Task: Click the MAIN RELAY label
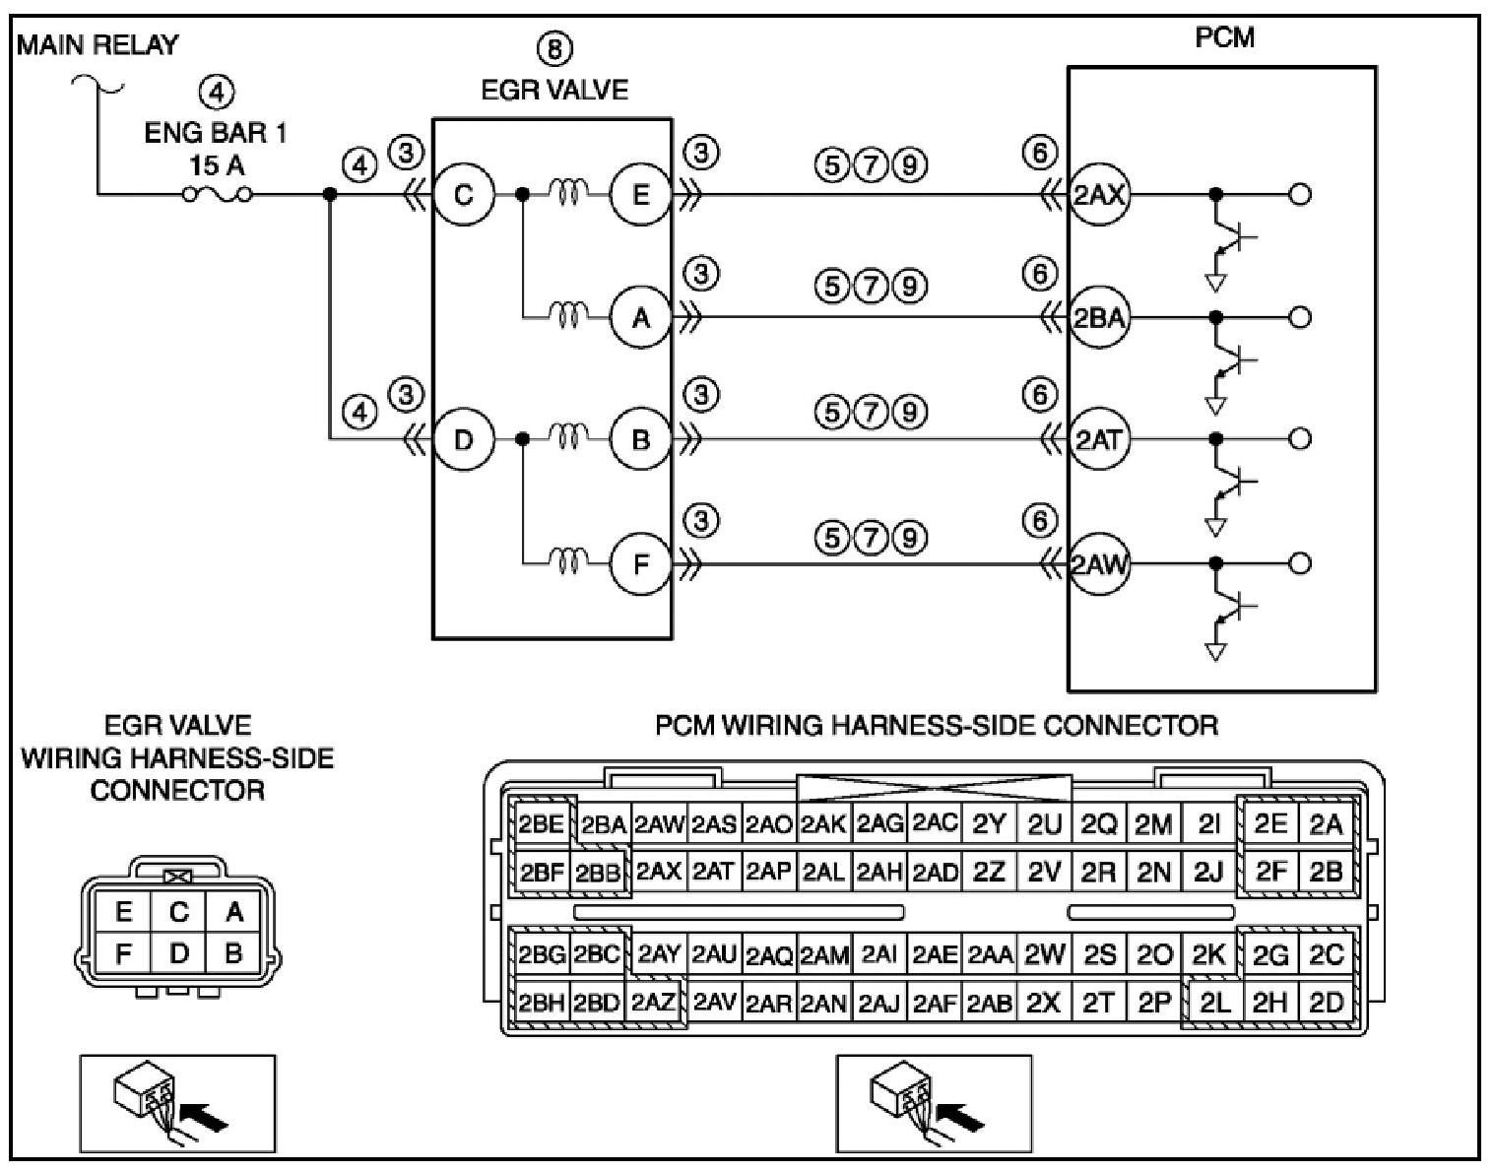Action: coord(97,45)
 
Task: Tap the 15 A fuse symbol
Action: coord(216,195)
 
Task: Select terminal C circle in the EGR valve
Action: coord(463,195)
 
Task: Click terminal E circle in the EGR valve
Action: coord(640,195)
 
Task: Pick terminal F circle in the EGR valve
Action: coord(640,565)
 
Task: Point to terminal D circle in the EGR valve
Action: coord(463,439)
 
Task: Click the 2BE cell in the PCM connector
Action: coord(541,825)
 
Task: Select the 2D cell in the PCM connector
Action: coord(1326,1003)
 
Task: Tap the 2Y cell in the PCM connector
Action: coord(988,825)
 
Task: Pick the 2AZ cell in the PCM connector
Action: coord(653,1003)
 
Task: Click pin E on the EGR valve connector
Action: coord(123,913)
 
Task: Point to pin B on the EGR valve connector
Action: coord(233,953)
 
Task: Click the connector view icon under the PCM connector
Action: coord(934,1103)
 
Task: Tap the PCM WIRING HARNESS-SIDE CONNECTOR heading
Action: coord(936,727)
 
